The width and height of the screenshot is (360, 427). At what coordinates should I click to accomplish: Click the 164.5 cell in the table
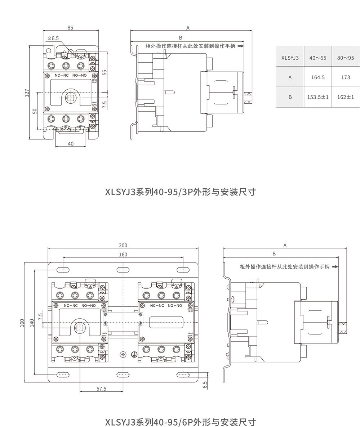click(317, 77)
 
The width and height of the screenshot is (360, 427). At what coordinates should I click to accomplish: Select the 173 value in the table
click(345, 77)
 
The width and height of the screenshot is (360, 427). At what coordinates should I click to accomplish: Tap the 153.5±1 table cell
click(317, 97)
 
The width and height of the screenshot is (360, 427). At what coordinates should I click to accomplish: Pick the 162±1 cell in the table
click(345, 97)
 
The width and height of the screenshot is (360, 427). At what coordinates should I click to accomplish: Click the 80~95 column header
click(345, 57)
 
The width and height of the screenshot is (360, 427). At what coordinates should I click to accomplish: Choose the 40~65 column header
click(317, 57)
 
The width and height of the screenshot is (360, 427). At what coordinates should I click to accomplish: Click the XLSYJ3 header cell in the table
click(290, 57)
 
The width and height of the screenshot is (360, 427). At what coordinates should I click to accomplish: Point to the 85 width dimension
click(70, 28)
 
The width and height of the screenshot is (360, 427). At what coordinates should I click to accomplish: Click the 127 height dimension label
click(26, 93)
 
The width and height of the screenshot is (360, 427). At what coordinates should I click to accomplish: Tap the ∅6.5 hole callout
click(53, 38)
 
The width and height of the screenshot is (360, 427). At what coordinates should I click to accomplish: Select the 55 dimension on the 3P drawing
click(105, 72)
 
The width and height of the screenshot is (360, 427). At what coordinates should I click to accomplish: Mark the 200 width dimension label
click(123, 246)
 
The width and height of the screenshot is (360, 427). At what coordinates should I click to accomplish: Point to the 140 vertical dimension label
click(32, 323)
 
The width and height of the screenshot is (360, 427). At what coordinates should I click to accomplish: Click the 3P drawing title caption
click(180, 192)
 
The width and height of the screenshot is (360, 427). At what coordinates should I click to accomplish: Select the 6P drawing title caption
click(180, 421)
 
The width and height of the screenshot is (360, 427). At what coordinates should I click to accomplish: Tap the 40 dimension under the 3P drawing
click(71, 143)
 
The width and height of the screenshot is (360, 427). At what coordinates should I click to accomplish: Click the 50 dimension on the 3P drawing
click(35, 111)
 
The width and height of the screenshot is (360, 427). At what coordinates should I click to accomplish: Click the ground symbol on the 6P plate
click(134, 355)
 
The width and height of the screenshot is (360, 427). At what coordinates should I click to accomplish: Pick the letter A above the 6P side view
click(285, 246)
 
